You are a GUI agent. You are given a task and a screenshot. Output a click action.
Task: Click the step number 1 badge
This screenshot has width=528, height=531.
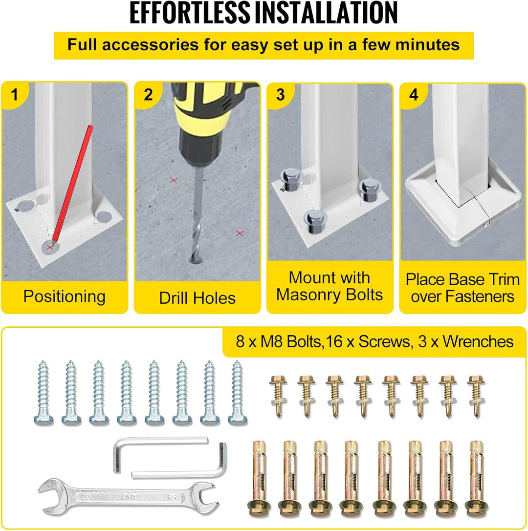pos(14,95)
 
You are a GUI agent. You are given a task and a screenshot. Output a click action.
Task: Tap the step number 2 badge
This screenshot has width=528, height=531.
pos(148,95)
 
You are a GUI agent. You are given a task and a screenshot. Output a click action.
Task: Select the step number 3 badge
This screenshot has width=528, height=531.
pos(280,95)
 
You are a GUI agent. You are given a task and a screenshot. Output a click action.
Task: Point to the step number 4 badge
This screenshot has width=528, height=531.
pos(414,95)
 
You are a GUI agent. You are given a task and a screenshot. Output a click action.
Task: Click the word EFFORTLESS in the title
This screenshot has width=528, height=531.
pos(189,13)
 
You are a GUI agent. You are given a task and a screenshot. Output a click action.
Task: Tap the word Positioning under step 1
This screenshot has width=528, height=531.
pos(65,297)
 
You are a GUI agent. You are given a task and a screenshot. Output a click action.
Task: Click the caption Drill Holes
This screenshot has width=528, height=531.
pos(197,298)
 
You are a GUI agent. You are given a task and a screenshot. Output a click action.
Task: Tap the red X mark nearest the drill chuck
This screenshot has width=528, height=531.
pos(174,180)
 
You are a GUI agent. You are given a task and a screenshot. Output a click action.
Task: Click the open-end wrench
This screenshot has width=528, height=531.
pos(126,497)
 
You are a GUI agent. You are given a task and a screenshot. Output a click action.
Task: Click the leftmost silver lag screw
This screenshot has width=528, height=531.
pos(44,392)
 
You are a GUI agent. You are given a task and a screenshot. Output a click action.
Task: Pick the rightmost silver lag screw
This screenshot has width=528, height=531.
pos(238,392)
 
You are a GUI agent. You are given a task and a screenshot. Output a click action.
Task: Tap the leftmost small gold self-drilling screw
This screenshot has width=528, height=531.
pos(279,396)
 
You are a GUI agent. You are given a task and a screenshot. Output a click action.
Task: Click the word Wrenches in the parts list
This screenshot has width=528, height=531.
pos(478,341)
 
